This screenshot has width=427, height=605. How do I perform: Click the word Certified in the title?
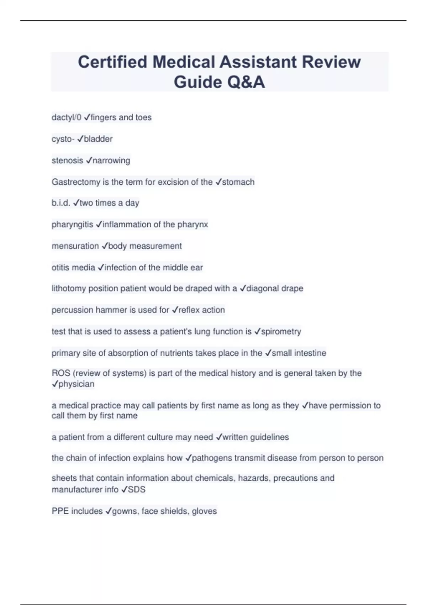[x=112, y=62]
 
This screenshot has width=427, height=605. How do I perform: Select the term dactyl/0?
[x=66, y=117]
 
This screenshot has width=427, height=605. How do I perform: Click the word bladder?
[x=98, y=139]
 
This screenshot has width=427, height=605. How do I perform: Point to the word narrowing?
[x=111, y=161]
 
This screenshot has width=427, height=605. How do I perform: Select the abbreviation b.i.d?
[x=61, y=203]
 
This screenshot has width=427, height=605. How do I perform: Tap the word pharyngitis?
[x=72, y=225]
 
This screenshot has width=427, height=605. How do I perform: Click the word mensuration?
[x=75, y=246]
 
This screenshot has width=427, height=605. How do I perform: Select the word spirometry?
[x=281, y=332]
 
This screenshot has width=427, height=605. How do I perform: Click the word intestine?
[x=309, y=353]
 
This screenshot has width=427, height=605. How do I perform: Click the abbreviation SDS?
[x=137, y=490]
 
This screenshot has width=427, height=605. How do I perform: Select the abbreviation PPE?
[x=60, y=511]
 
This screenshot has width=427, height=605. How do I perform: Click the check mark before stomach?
[x=218, y=182]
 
